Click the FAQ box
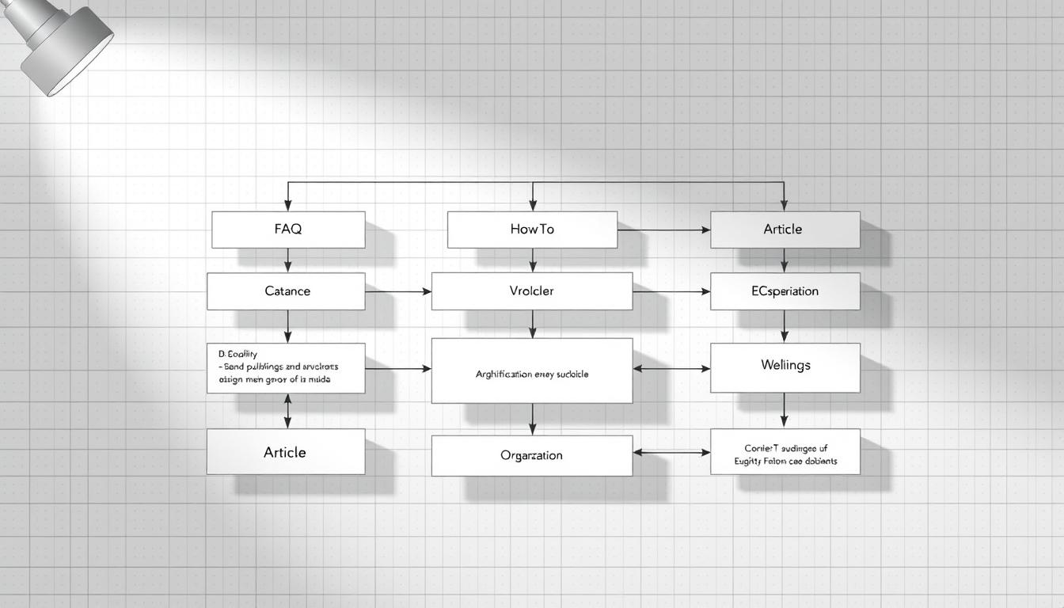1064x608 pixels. [288, 230]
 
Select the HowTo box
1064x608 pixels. [532, 230]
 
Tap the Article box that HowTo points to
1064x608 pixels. [785, 230]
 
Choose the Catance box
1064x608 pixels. [286, 291]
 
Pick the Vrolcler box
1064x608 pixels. [532, 291]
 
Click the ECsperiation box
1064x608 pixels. [785, 291]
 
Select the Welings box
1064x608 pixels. [785, 367]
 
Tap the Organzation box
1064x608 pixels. [532, 455]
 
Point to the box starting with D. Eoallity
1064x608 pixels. [286, 368]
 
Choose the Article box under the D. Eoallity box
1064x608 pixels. [286, 452]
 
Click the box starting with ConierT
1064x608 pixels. [785, 452]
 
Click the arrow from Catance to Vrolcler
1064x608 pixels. [398, 292]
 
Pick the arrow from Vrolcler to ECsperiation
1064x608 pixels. [671, 292]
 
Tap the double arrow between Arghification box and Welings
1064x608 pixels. [671, 368]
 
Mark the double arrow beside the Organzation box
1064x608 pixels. [671, 453]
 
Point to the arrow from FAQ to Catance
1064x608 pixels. [287, 260]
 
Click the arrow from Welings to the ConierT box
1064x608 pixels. [785, 411]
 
